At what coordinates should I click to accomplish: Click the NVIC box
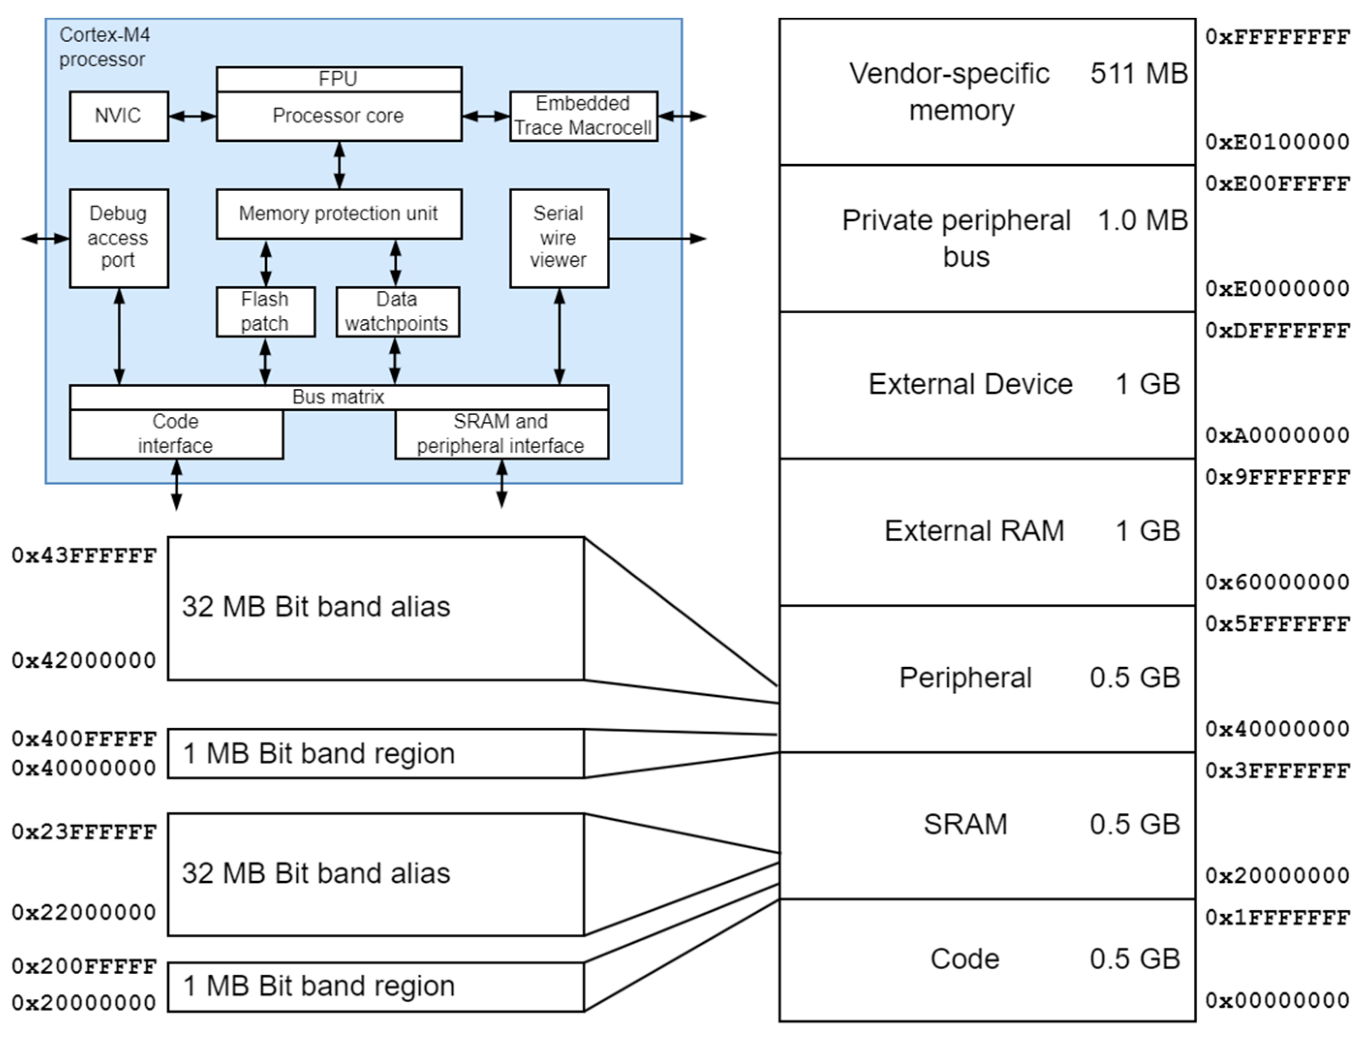pos(119,116)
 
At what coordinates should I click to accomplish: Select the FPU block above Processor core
pos(338,79)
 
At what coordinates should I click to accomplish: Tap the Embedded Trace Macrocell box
pos(583,116)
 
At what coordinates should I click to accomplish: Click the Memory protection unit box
pos(338,214)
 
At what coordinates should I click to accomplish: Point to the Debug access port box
pos(119,238)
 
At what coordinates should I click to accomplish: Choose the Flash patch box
pos(265,312)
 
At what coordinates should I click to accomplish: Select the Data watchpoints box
pos(398,312)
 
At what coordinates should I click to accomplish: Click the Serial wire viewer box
pos(559,238)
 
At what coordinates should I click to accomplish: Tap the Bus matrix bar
pos(338,397)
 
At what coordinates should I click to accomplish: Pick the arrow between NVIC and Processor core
pos(192,116)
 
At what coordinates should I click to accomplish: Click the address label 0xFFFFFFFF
pos(1277,37)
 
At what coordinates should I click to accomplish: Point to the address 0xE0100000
pos(1277,142)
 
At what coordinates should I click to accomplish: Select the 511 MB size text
pos(1138,74)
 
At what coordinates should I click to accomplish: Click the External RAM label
pos(974,531)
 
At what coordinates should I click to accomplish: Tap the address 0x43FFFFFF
pos(84,556)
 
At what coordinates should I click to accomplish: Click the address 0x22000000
pos(84,912)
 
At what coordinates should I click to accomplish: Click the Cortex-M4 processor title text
pos(104,47)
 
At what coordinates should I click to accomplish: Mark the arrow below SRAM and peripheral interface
pos(502,484)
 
